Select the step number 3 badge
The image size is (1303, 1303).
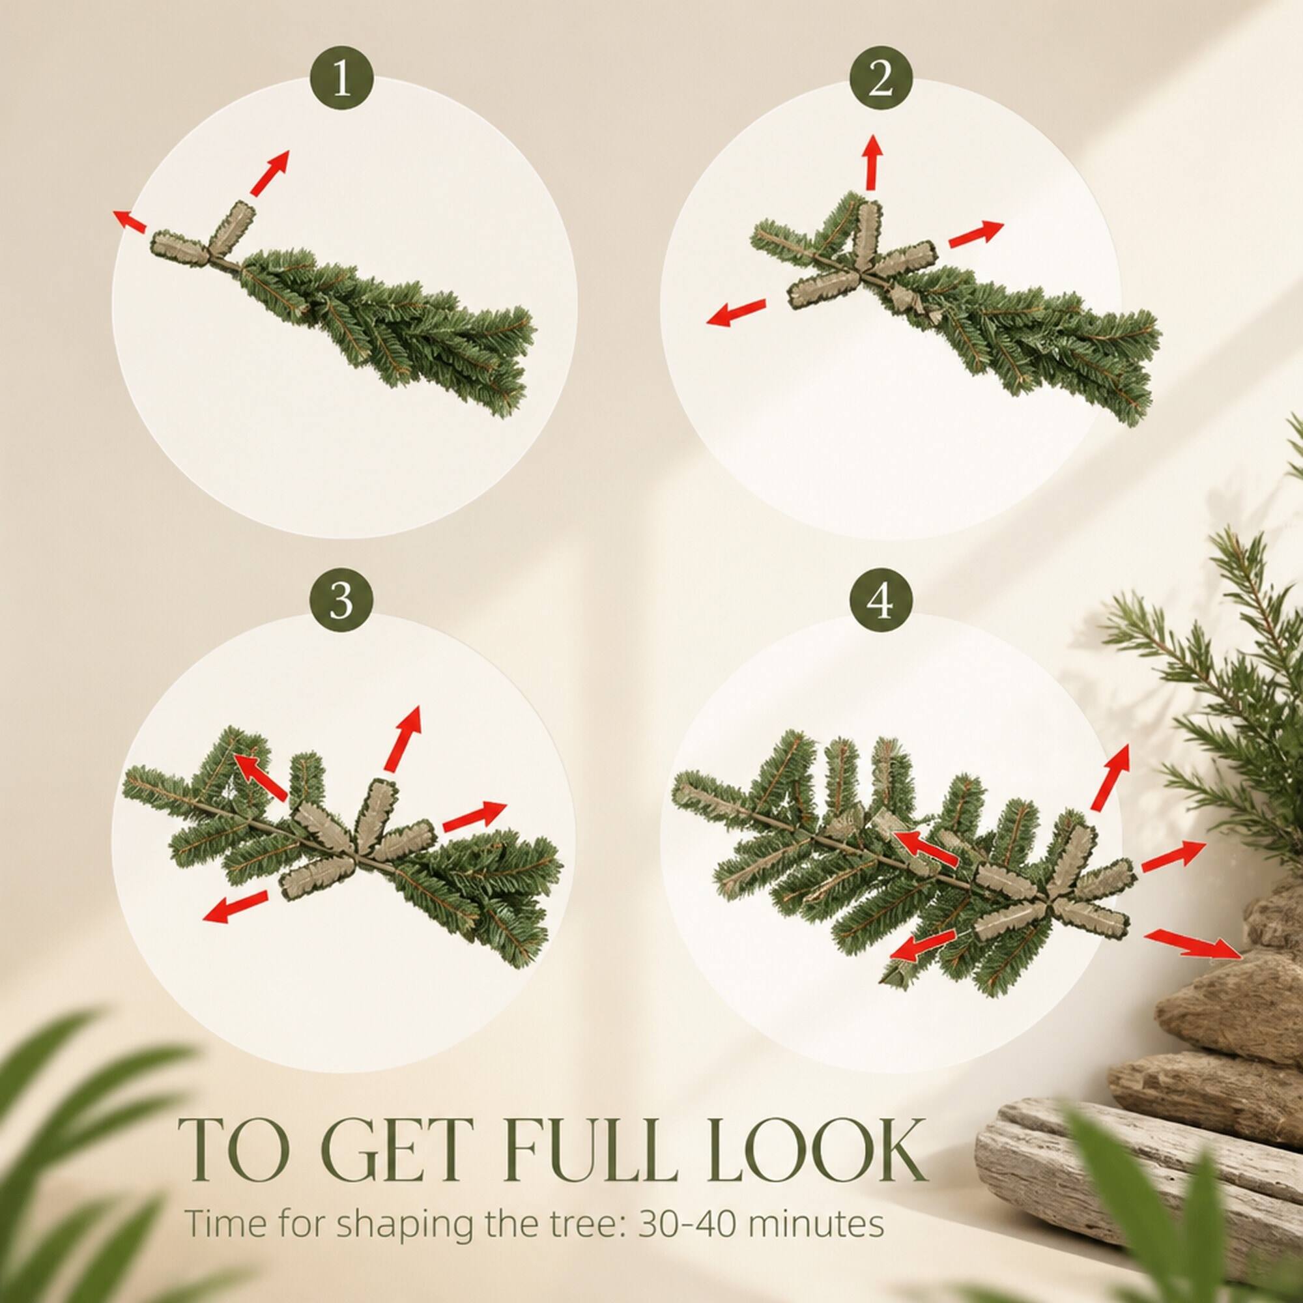pos(342,601)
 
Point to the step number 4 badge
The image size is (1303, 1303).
pos(881,601)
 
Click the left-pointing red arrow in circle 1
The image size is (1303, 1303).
pos(129,221)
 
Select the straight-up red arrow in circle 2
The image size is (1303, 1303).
pos(874,162)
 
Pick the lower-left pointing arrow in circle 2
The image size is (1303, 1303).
pos(736,312)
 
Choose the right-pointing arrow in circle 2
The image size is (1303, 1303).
pos(977,233)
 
